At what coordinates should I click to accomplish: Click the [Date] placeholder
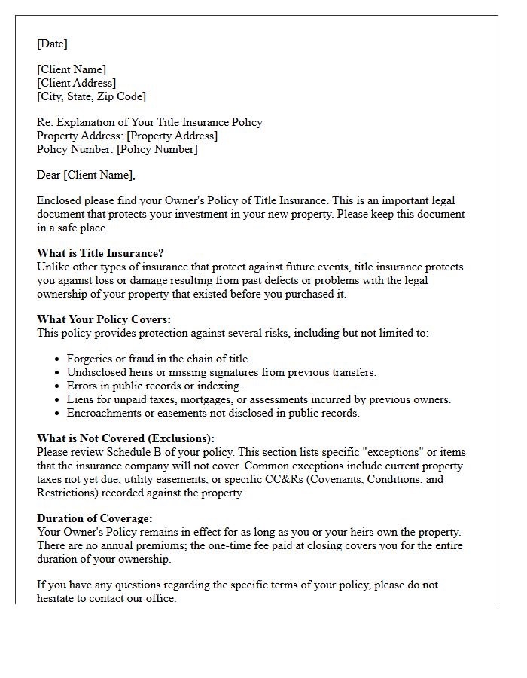coord(52,44)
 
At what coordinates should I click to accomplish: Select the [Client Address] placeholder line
coord(76,83)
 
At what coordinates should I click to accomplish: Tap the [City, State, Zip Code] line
coord(91,96)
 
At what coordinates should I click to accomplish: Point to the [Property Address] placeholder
coord(172,136)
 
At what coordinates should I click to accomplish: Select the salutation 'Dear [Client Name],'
coord(86,175)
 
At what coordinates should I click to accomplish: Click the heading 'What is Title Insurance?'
coord(100,253)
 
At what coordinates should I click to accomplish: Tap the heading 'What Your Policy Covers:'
coord(104,319)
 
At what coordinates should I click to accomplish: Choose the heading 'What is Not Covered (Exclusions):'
coord(126,438)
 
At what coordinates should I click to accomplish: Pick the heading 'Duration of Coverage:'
coord(95,518)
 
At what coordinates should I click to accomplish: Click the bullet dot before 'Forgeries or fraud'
coord(58,359)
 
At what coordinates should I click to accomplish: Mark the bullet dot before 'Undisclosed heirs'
coord(58,373)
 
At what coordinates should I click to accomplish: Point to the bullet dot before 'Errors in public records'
coord(58,386)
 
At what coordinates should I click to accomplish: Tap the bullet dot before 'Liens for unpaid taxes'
coord(58,400)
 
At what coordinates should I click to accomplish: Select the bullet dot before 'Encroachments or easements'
coord(58,414)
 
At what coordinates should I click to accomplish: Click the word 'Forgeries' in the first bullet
coord(90,359)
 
